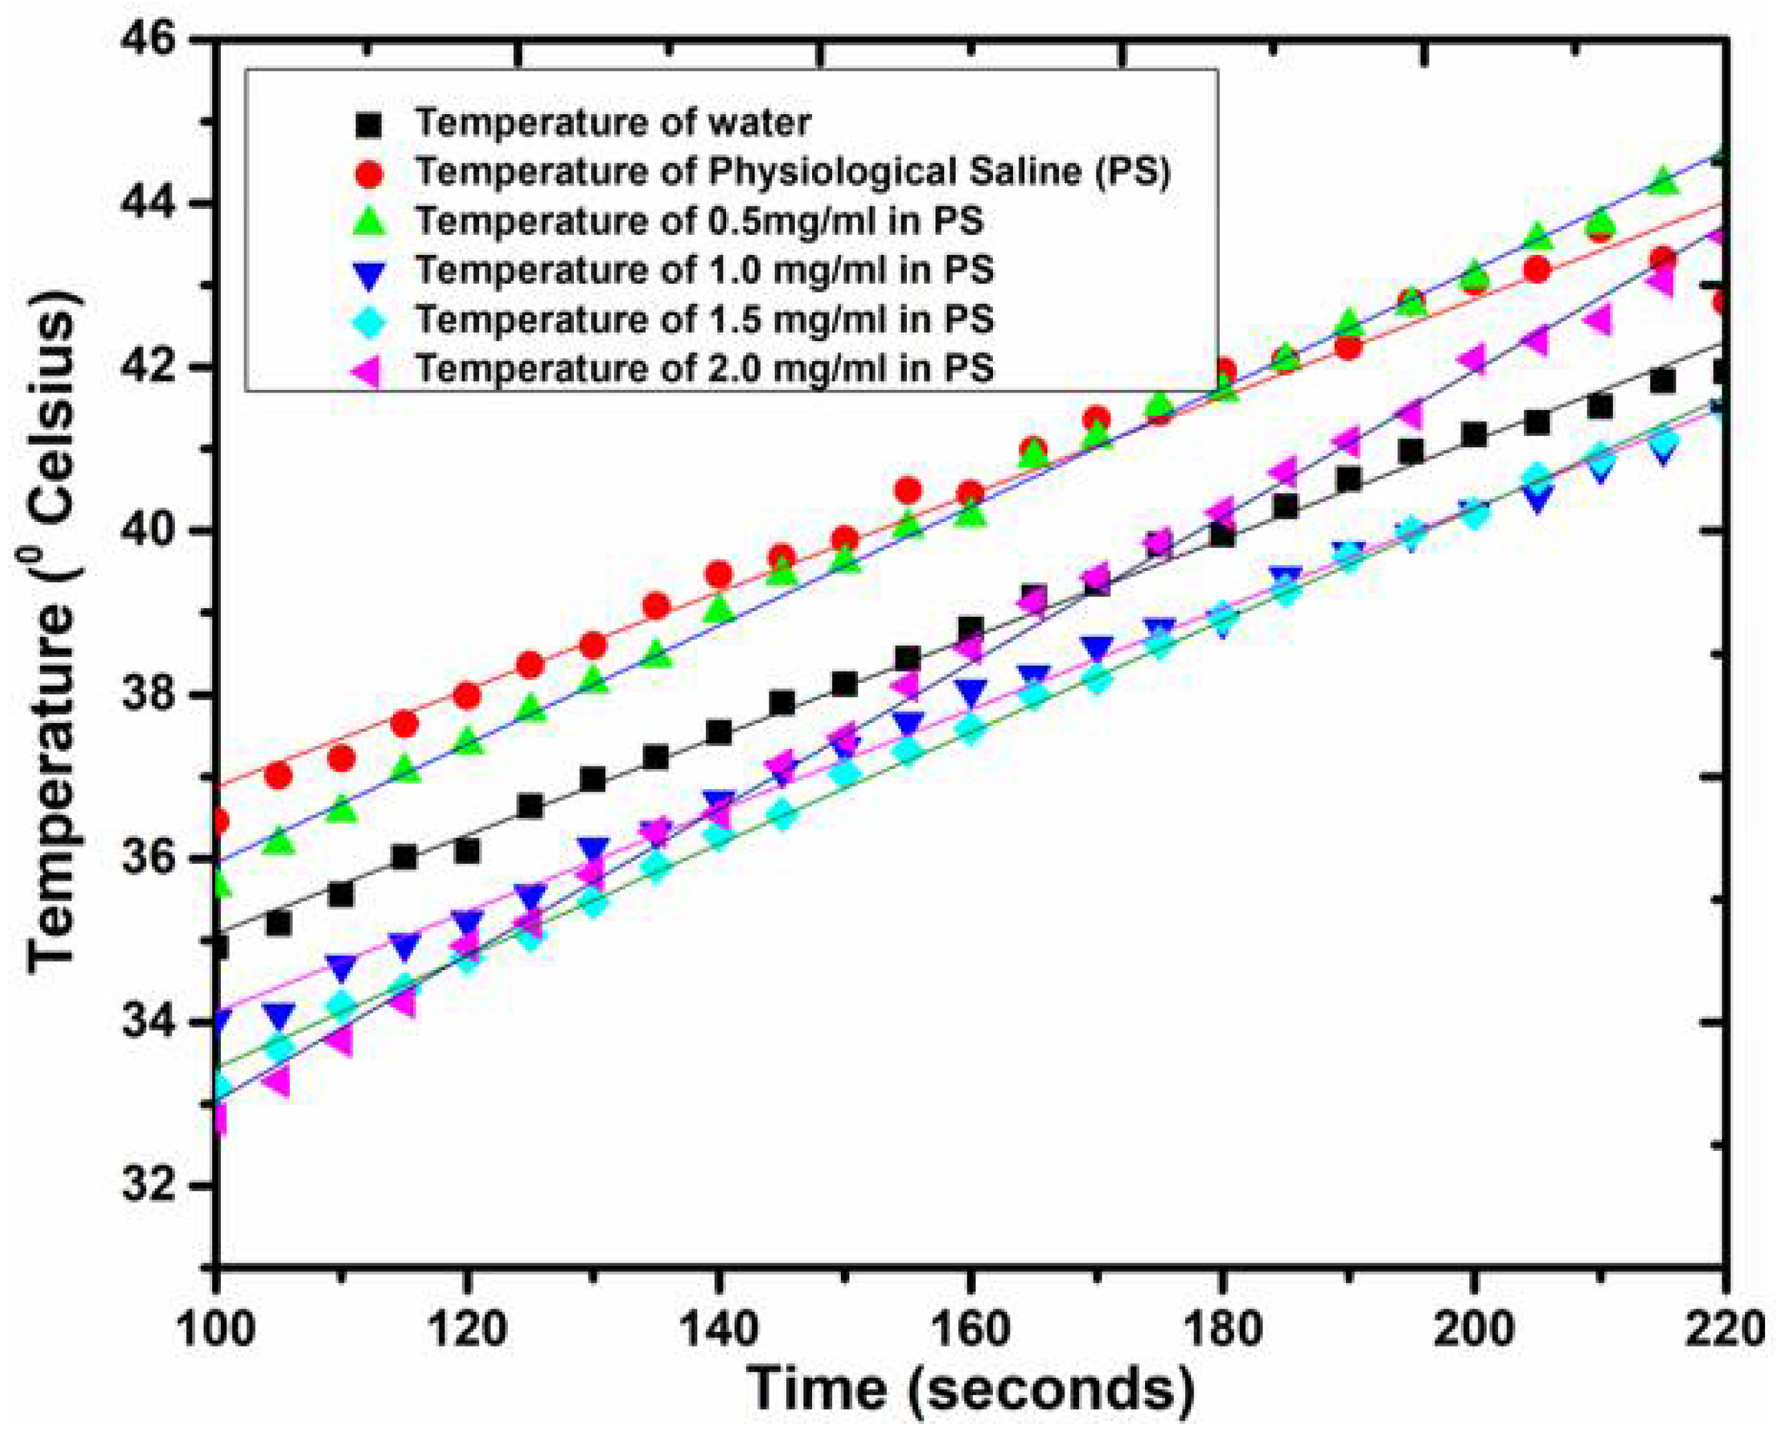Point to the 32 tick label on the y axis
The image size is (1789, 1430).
[149, 1184]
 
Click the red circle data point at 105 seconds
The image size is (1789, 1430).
[279, 776]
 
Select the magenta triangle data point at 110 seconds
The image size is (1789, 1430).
[340, 1039]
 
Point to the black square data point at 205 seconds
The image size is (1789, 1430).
[1537, 423]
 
